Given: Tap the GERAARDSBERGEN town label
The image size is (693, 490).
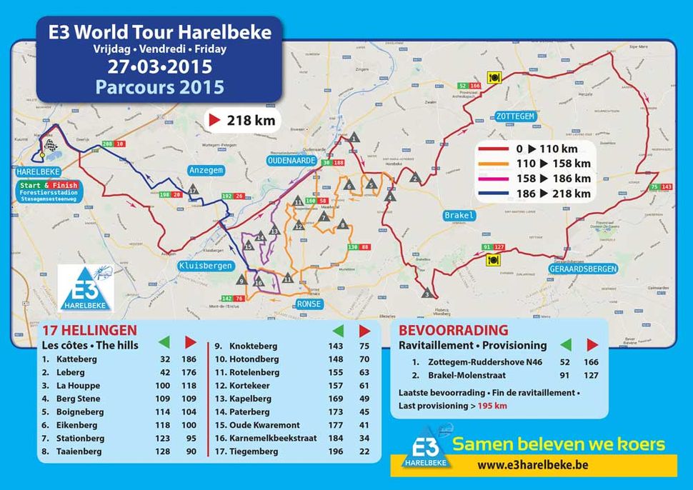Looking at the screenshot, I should coord(583,269).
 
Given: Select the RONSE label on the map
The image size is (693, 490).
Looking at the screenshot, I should coord(309,304).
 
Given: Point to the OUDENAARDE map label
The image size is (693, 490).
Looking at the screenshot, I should coord(291,161).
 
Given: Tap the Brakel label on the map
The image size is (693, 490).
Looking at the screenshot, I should coord(459,215).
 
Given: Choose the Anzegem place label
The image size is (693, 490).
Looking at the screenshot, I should coord(206,171).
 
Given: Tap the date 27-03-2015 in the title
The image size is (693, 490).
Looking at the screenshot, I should coord(159,68).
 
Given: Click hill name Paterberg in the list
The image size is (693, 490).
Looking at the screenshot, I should coord(252,412).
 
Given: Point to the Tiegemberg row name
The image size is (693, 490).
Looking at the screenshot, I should coord(254,451).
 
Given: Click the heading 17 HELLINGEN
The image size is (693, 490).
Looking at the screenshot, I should coord(89,331).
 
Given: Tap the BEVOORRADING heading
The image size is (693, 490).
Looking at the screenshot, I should coord(453,331).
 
